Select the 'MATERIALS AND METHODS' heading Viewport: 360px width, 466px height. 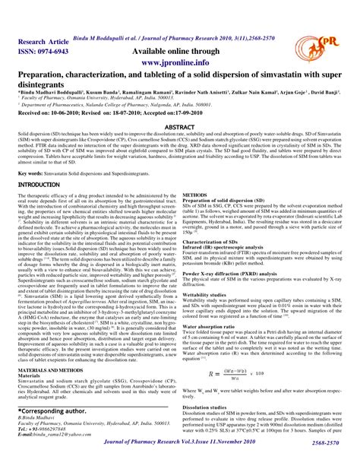(x=52, y=367)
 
